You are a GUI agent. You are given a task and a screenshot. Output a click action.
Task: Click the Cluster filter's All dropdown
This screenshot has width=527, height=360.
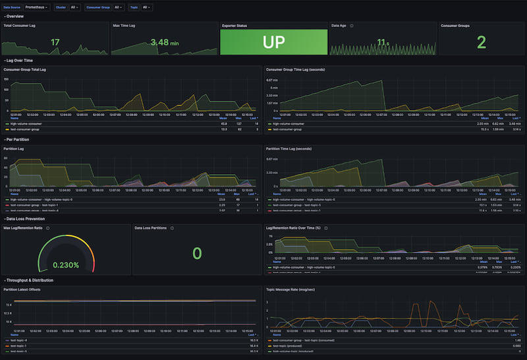coord(74,7)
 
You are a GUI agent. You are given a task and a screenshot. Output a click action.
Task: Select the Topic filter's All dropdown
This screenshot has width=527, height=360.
coord(147,7)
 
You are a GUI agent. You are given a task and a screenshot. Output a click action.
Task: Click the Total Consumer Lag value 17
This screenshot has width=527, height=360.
coord(55,43)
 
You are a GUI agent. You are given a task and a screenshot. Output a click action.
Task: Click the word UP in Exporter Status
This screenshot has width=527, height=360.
coord(273,42)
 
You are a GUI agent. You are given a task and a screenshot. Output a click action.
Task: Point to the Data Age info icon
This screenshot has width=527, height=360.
coord(352,26)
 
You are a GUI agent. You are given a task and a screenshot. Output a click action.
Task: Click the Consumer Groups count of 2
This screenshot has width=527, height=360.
coord(481,43)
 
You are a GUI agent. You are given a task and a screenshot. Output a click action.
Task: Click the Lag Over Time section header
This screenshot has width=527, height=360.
coord(20,61)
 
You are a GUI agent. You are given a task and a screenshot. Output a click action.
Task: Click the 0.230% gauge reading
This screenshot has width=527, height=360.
coord(66,265)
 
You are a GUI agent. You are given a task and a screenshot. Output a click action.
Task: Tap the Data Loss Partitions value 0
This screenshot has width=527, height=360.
coord(196,253)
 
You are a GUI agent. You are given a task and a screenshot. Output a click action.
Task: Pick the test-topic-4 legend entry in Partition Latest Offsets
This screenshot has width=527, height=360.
coord(19,340)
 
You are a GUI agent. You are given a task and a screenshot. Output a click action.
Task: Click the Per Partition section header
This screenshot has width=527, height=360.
coord(18,140)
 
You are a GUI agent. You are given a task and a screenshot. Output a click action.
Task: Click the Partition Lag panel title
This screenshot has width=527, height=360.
coord(16,148)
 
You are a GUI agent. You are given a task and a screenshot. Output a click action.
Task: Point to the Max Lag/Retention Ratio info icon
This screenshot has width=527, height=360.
coord(48,228)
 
